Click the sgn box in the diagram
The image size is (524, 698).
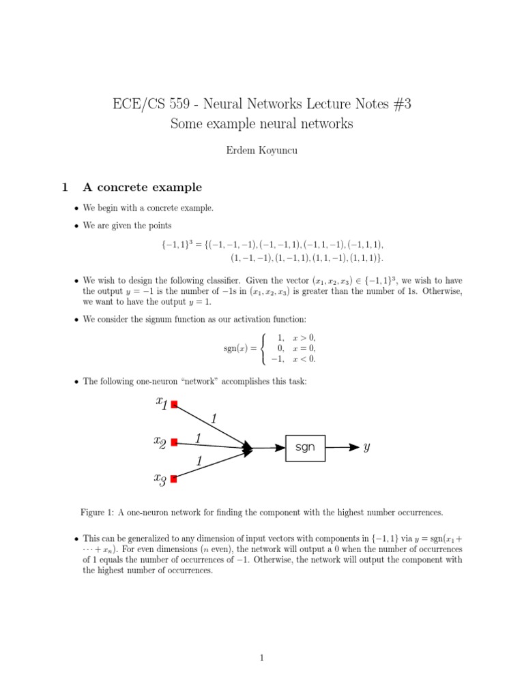point(305,448)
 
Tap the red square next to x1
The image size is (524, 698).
point(174,405)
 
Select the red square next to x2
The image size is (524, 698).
point(174,442)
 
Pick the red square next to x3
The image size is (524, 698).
point(174,479)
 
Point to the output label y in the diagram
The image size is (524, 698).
point(367,448)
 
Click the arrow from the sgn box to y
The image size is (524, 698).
point(342,448)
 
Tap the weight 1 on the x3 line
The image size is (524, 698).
point(199,461)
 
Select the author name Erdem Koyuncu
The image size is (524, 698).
point(262,151)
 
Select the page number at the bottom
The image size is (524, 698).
point(261,658)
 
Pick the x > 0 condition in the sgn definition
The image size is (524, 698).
point(304,337)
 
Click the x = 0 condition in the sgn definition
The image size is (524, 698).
point(304,348)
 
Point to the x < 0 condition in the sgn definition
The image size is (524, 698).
point(304,359)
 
